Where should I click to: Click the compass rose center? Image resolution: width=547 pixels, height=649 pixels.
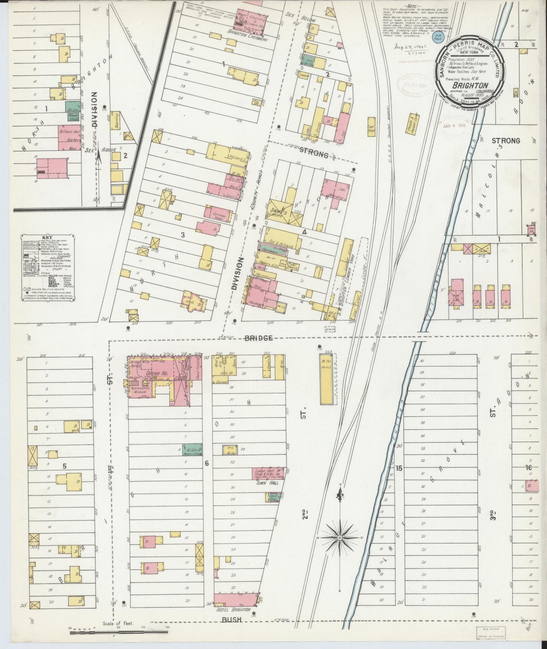tap(340, 538)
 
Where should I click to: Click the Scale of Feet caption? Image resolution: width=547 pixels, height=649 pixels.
tap(118, 623)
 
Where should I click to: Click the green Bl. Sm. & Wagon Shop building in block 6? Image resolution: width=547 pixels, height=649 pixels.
tap(192, 449)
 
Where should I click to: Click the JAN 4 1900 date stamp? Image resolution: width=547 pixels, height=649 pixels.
tap(455, 126)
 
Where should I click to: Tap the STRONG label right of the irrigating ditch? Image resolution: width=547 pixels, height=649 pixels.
tap(505, 141)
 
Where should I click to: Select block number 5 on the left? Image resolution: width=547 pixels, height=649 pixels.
tap(64, 466)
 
